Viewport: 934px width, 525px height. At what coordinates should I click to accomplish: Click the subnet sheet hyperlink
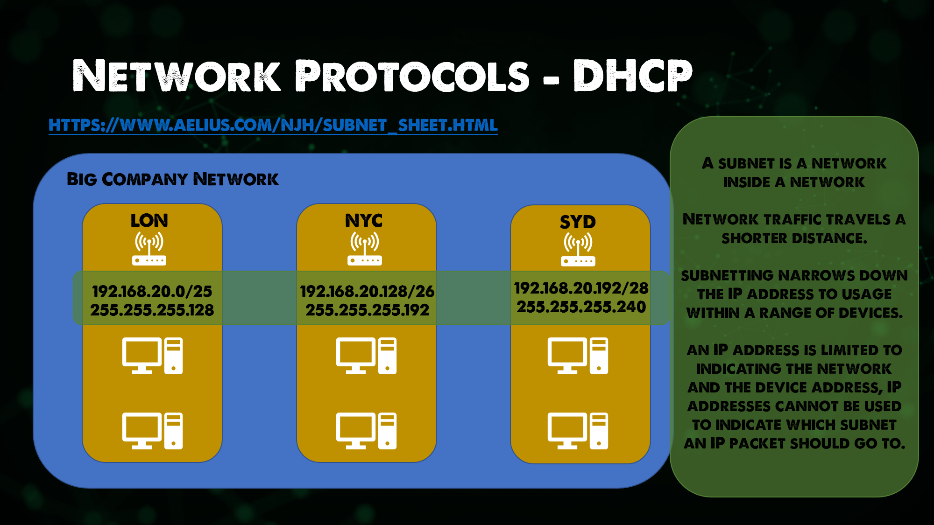coord(273,125)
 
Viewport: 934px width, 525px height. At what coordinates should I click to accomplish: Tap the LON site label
coord(149,220)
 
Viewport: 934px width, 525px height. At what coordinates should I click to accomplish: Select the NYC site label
coord(364,220)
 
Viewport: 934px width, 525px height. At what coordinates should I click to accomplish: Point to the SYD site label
coord(578,222)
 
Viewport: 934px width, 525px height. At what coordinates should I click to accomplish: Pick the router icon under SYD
coord(578,249)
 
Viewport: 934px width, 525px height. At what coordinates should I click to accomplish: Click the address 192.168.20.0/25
coord(152,291)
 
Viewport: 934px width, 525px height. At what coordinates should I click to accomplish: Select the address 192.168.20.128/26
coord(367,291)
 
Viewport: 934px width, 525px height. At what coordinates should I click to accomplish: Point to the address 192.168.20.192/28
coord(581,288)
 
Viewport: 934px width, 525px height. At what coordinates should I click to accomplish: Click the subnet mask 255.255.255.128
coord(152,310)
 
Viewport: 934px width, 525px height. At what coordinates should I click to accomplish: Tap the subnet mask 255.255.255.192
coord(367,310)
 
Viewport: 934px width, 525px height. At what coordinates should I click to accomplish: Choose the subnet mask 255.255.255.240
coord(581,307)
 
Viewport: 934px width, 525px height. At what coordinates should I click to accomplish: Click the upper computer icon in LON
coord(152,356)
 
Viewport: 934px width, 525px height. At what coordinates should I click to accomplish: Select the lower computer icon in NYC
coord(366,431)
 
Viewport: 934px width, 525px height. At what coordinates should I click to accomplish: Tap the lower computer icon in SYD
coord(578,431)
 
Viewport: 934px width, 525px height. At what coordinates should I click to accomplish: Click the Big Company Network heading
coord(172,179)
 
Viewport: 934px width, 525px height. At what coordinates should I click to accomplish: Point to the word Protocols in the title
coord(412,76)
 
